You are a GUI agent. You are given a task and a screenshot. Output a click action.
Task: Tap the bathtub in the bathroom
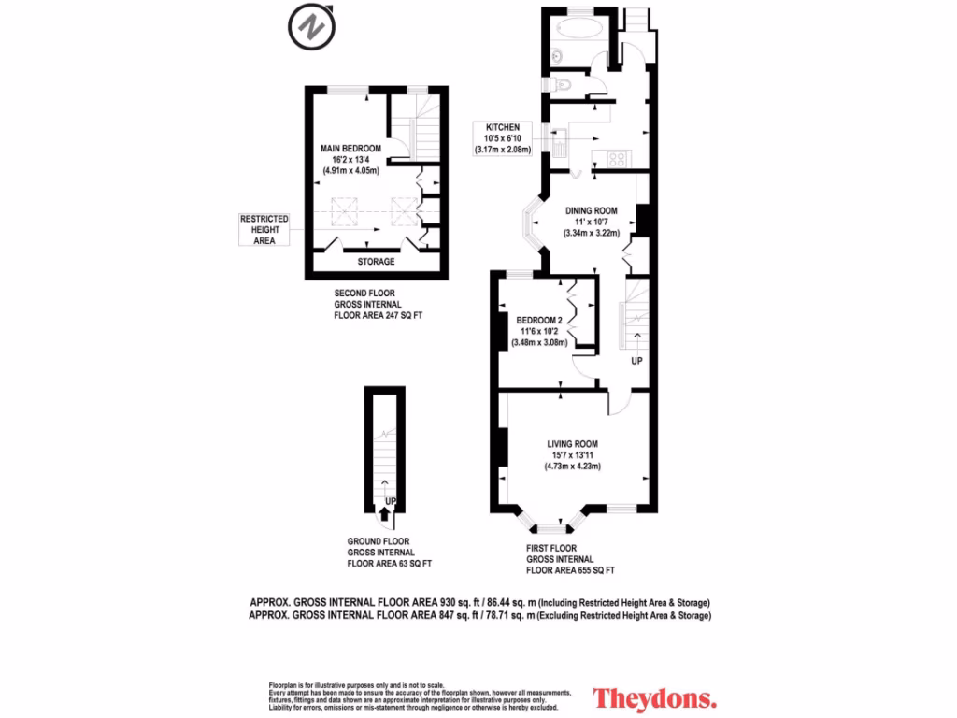(579, 27)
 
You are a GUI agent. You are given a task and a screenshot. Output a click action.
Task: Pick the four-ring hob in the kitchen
(617, 159)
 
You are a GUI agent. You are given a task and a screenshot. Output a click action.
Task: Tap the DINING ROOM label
(591, 210)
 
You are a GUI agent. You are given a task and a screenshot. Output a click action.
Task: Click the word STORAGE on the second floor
(376, 262)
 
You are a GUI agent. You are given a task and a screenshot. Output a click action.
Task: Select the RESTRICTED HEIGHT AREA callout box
(264, 229)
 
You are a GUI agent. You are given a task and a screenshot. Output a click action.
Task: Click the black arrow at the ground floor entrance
(384, 512)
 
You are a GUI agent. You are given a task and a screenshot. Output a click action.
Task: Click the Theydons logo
(655, 697)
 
